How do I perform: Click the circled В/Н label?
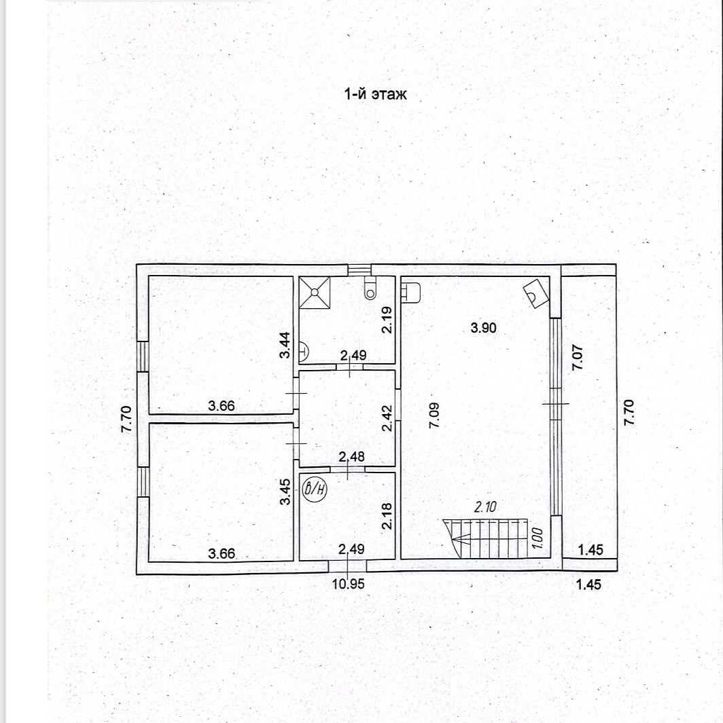click(x=315, y=489)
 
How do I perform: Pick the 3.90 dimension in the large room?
click(x=484, y=328)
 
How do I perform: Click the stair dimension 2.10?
click(x=487, y=506)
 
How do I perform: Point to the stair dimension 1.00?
click(x=537, y=538)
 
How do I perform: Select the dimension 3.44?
click(x=287, y=344)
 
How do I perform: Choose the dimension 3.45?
click(x=287, y=492)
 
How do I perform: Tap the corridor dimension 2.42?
click(x=386, y=418)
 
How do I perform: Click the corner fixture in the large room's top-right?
click(x=535, y=293)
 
